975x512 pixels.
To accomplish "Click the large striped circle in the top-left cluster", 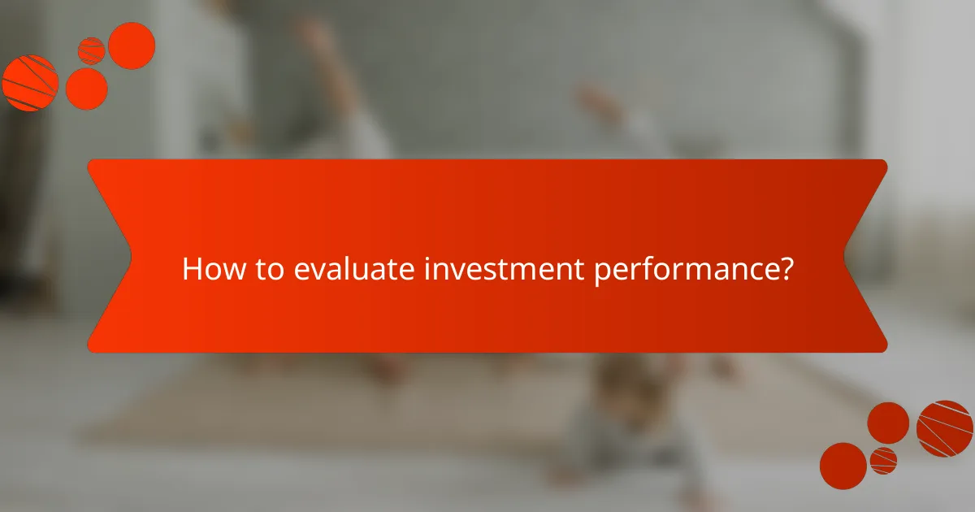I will click(x=30, y=83).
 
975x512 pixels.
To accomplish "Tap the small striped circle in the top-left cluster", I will click(x=91, y=50).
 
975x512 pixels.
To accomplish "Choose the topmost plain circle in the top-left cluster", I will click(x=132, y=46).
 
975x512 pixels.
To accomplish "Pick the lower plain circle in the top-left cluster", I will click(x=86, y=88).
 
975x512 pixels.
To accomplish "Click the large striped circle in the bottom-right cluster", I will click(x=945, y=428).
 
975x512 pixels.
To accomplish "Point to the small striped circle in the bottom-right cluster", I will click(x=883, y=460).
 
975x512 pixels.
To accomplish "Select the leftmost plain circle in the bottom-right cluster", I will click(x=843, y=466).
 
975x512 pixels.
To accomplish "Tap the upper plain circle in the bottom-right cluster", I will click(x=888, y=423).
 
